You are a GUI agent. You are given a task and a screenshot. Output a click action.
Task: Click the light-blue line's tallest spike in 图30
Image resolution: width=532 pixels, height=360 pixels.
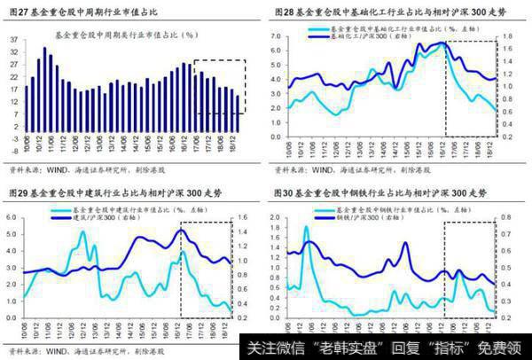pyautogui.click(x=307, y=227)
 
